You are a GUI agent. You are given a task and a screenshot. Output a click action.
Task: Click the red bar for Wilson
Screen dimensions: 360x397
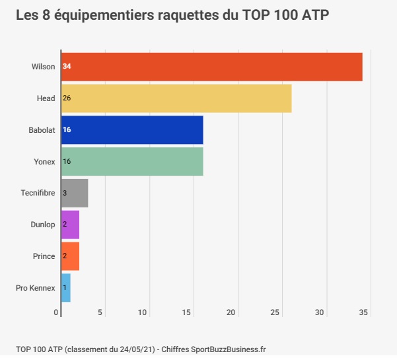click(211, 67)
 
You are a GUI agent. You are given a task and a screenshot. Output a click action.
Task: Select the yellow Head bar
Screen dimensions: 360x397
click(176, 98)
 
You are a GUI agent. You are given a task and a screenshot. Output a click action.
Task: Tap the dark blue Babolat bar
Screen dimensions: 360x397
click(132, 129)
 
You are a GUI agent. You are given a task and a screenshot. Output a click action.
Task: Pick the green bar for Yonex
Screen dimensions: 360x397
click(132, 161)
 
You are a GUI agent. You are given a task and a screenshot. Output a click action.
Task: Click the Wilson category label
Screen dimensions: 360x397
click(44, 67)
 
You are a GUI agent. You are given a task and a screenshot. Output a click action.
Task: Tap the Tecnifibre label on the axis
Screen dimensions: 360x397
click(38, 193)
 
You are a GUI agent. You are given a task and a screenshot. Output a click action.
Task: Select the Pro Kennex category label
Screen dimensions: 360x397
click(35, 288)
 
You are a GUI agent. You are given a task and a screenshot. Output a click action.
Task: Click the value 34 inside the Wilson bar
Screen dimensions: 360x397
click(67, 67)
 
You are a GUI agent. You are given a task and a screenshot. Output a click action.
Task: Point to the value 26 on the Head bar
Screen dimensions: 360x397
click(67, 98)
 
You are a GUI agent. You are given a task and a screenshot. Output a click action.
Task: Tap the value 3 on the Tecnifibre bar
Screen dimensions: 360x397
click(65, 193)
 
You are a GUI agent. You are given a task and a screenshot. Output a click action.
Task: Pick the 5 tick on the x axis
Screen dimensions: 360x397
click(100, 312)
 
